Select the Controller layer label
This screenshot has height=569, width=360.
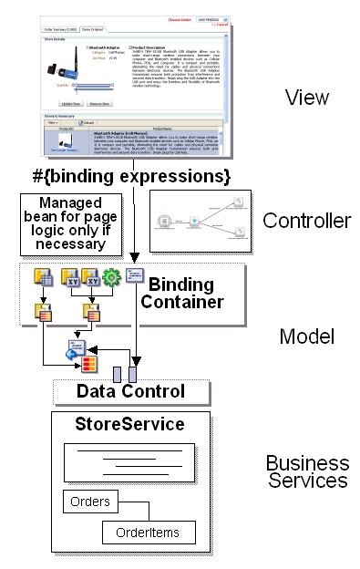[x=306, y=221]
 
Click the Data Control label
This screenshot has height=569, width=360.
[x=131, y=391]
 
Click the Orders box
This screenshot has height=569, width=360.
[x=89, y=501]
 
